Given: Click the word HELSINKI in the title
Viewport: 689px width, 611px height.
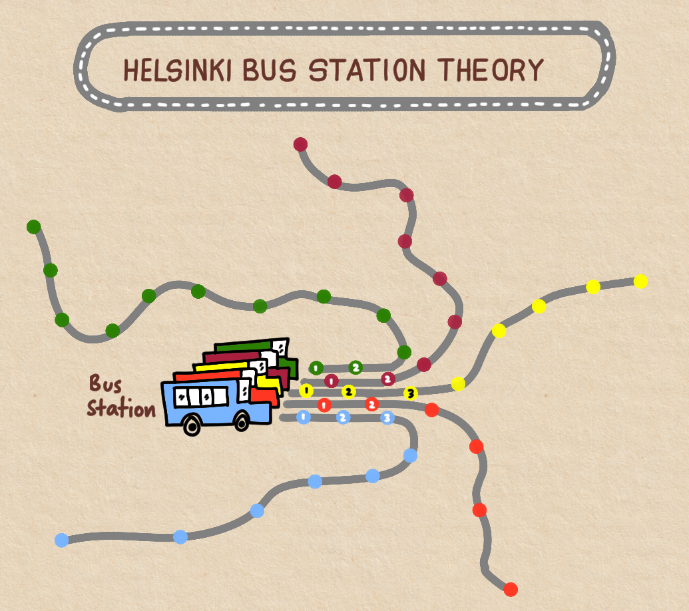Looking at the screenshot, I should click(x=178, y=70).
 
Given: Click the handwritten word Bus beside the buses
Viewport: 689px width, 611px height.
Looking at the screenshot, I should click(x=105, y=384).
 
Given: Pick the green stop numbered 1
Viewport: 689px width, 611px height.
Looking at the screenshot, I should click(x=316, y=367).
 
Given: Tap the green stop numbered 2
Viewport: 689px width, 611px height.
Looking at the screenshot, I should click(x=355, y=367).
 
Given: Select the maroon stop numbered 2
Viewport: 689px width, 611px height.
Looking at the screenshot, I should click(x=388, y=379).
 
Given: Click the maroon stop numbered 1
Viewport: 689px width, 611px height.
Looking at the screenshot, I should click(x=331, y=381).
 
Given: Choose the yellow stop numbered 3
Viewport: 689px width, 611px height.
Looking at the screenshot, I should click(x=410, y=393).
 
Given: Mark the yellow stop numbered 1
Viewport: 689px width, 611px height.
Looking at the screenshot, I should click(x=306, y=390).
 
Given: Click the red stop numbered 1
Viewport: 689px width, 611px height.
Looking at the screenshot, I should click(x=324, y=405).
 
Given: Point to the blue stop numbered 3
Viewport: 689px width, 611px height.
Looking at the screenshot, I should click(x=387, y=418).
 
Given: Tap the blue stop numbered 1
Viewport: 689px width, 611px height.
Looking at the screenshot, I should click(x=303, y=417).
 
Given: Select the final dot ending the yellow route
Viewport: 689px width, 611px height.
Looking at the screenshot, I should click(x=640, y=281).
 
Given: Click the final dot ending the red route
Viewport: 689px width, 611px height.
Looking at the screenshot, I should click(x=511, y=589).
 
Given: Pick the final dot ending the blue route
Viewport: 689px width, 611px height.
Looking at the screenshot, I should click(x=61, y=540).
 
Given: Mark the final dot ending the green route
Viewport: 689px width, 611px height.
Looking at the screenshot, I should click(x=33, y=227).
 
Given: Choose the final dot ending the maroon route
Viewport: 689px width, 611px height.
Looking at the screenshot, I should click(x=300, y=144).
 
